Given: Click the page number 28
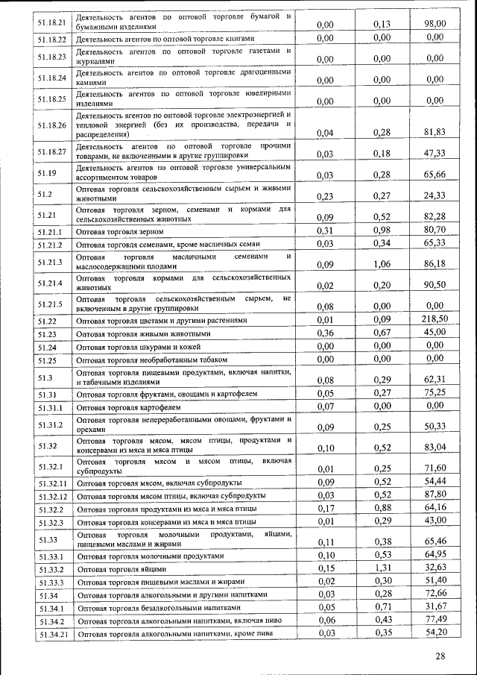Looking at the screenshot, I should click(440, 656).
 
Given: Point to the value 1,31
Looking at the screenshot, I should click(382, 568).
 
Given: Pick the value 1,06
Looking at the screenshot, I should click(382, 264).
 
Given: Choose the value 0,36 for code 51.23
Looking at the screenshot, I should click(324, 333).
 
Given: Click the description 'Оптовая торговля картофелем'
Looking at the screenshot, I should click(129, 408).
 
